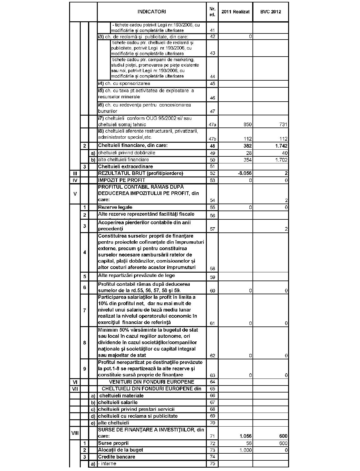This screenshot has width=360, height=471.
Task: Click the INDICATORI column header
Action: coord(152,12)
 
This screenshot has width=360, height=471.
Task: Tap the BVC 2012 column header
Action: coord(270,12)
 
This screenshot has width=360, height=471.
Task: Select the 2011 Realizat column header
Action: coord(235,12)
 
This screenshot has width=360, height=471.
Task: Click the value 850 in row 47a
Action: coord(248,124)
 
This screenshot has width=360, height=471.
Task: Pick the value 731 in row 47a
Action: coord(283,124)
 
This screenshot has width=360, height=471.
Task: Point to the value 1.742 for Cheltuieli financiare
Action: coord(281,146)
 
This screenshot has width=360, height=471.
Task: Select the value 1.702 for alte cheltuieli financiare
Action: coord(281,160)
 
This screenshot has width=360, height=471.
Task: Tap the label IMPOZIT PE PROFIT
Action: coord(122,180)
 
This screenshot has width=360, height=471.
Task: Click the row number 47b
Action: coord(212,139)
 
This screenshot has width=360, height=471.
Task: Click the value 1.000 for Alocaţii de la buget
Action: coord(246,450)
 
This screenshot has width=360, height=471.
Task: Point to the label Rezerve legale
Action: coord(115,207)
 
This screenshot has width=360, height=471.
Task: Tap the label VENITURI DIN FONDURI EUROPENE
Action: coord(151,382)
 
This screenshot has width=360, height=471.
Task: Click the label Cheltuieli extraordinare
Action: coord(125,166)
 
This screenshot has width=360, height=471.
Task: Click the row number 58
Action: coord(212,268)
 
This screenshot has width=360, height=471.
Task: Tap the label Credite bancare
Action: coord(116,457)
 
